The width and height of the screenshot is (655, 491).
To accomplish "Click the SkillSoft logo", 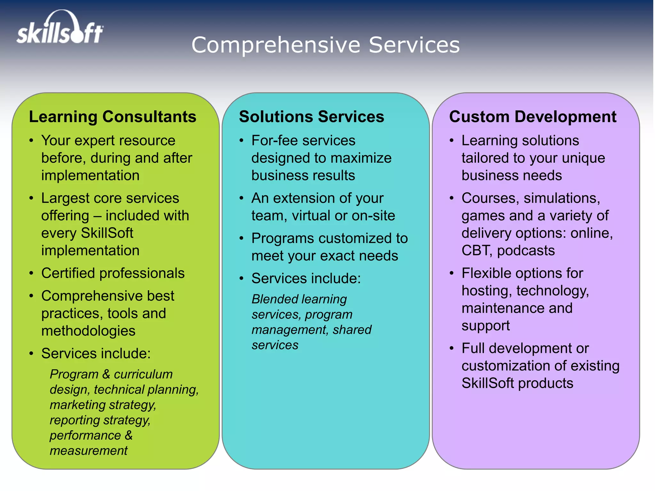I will coord(60,28).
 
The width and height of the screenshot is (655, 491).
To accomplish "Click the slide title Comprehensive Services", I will coord(325,45).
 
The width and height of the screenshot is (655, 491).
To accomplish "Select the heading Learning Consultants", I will coord(113,117).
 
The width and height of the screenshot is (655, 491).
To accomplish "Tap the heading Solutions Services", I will coord(311,117).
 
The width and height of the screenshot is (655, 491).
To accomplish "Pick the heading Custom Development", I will coord(533,117).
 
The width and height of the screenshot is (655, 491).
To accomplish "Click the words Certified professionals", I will coord(113,273).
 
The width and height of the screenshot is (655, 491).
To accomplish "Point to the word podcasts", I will coord(526,251).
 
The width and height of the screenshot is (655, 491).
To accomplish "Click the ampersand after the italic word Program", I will coord(106,374).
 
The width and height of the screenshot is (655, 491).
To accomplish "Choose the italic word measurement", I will coord(89,451).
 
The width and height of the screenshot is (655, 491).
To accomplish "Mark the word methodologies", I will coord(88,331).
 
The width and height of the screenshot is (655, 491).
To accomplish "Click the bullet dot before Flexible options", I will coord(452,273).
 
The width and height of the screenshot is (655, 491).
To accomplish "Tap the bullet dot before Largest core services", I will coord(31,198).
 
